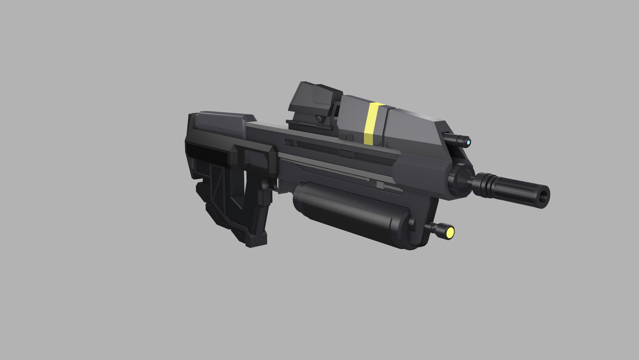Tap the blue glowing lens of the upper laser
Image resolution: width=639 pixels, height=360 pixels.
click(468, 142)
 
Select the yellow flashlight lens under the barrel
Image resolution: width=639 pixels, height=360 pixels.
click(450, 232)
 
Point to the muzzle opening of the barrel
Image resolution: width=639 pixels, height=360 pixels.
click(545, 196)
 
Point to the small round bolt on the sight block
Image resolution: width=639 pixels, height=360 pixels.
click(319, 119)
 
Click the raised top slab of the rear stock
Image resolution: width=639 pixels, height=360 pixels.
click(220, 121)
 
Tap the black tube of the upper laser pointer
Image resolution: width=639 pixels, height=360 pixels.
click(455, 140)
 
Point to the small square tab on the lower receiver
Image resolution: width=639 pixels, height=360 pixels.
click(380, 185)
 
